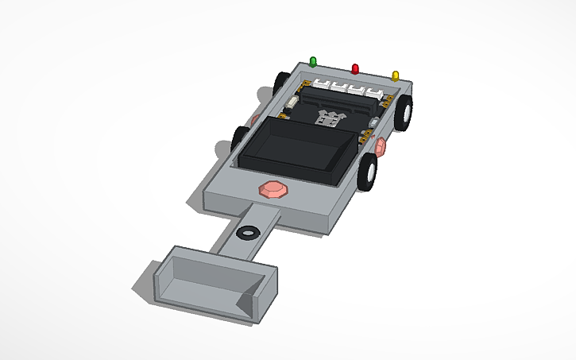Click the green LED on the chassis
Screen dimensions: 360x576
[313, 61]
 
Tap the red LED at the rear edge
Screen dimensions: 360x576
[355, 68]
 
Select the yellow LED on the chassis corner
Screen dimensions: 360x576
[395, 75]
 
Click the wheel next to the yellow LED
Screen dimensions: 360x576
[405, 111]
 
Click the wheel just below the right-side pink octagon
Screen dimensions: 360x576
[368, 172]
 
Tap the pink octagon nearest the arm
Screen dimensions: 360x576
[273, 189]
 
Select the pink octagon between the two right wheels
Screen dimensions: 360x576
[380, 145]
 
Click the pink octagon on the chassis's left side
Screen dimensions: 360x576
[256, 118]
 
